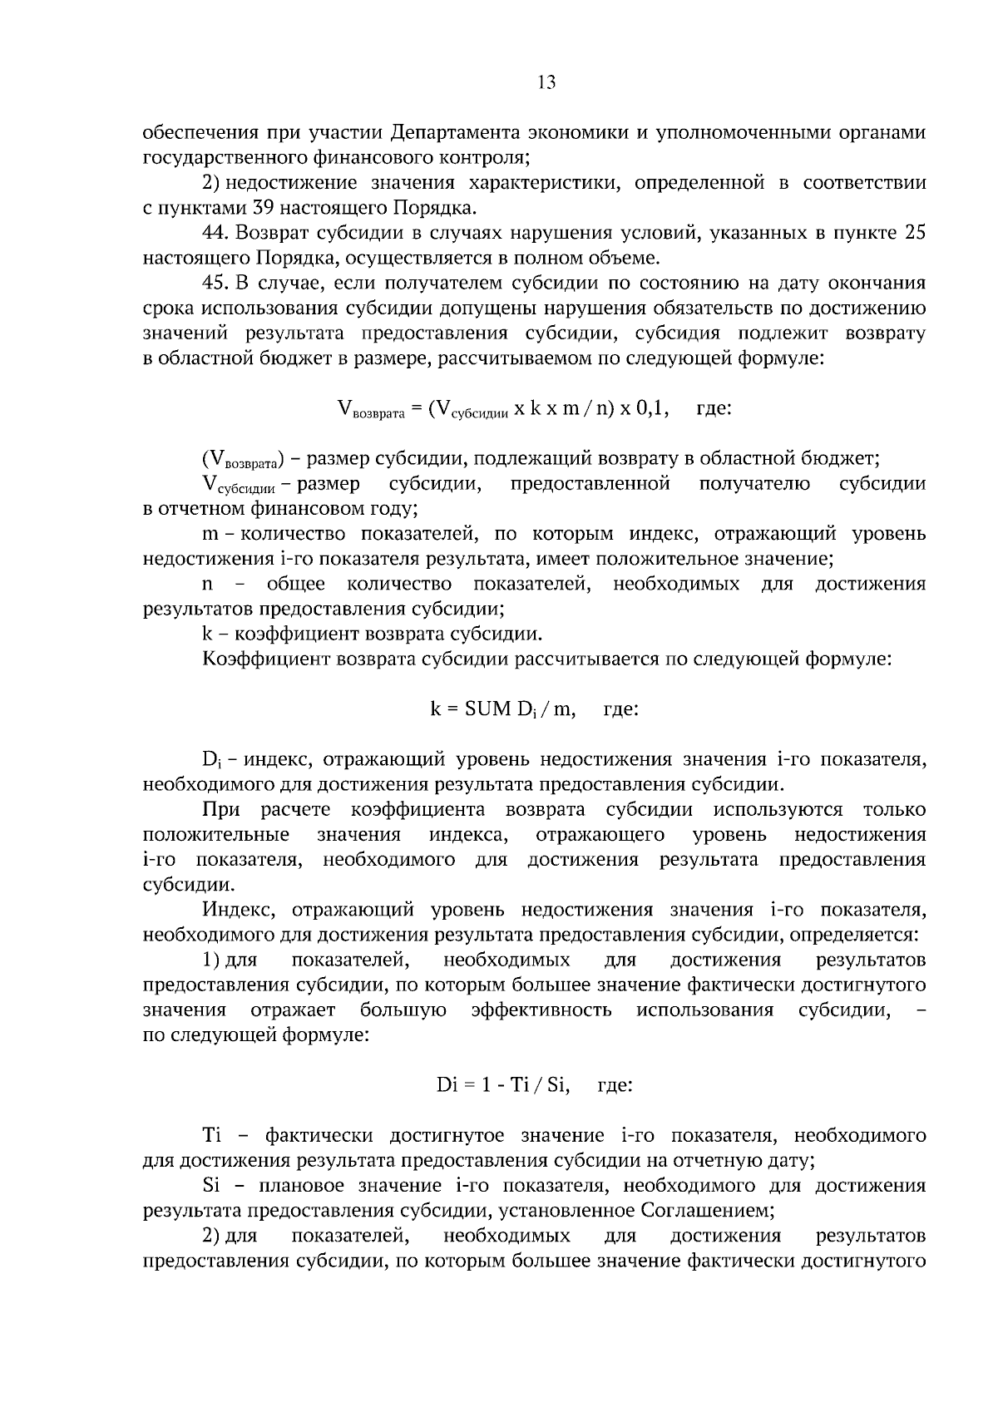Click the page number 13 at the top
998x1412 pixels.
click(x=546, y=82)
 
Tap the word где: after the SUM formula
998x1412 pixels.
click(x=620, y=709)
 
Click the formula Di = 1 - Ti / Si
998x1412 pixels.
click(x=503, y=1085)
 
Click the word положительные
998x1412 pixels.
click(x=216, y=834)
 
